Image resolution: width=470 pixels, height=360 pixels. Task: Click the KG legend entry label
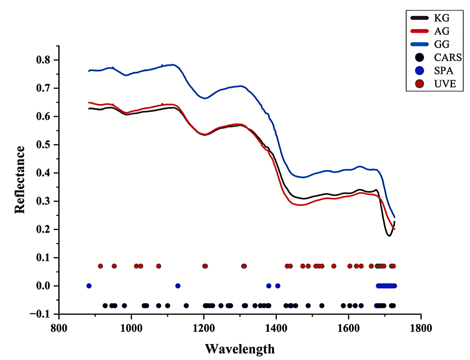pyautogui.click(x=442, y=18)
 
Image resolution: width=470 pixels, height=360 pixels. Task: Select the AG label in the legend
pyautogui.click(x=442, y=31)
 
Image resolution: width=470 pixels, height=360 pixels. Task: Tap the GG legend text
pyautogui.click(x=442, y=44)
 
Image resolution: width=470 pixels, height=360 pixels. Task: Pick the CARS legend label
pyautogui.click(x=448, y=57)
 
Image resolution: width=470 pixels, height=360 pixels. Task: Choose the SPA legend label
pyautogui.click(x=444, y=70)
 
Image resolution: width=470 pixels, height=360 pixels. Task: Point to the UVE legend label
pyautogui.click(x=445, y=84)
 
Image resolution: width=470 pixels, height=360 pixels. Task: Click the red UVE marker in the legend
pyautogui.click(x=420, y=84)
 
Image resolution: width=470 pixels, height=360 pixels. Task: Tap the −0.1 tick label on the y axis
pyautogui.click(x=41, y=314)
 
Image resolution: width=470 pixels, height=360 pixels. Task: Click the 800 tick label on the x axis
pyautogui.click(x=59, y=328)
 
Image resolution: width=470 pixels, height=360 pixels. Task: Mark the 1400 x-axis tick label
pyautogui.click(x=276, y=328)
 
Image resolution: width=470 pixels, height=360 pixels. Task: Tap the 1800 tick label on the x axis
pyautogui.click(x=421, y=328)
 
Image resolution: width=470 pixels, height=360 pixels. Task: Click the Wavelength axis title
pyautogui.click(x=240, y=349)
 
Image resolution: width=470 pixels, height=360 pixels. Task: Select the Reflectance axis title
pyautogui.click(x=20, y=180)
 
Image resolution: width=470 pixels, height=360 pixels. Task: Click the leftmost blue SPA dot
pyautogui.click(x=89, y=286)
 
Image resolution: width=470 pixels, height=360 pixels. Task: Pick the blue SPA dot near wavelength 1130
pyautogui.click(x=178, y=286)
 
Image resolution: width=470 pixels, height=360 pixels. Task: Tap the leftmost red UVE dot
pyautogui.click(x=101, y=266)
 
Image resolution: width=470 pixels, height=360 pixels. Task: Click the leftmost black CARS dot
pyautogui.click(x=105, y=306)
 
